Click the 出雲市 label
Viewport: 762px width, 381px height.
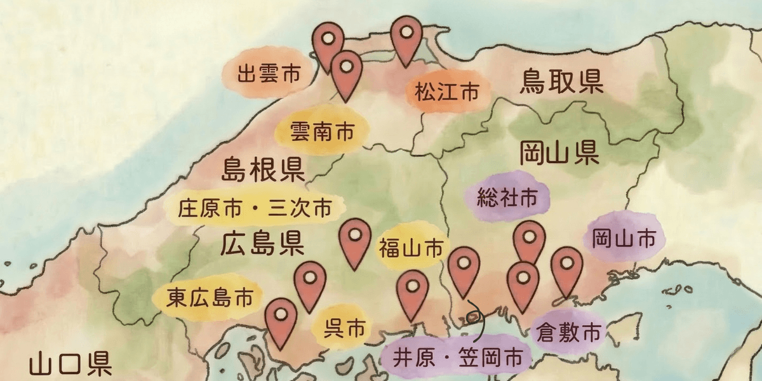(x=268, y=74)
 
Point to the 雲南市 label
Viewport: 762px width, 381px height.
(x=321, y=131)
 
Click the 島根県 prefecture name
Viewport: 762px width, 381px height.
(x=263, y=170)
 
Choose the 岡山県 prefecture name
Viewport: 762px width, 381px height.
(x=559, y=153)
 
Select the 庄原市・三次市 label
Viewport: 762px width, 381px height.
(x=255, y=208)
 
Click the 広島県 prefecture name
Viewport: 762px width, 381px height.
(x=262, y=244)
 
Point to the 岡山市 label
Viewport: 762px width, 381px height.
(x=623, y=239)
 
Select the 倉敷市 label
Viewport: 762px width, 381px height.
(x=568, y=331)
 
